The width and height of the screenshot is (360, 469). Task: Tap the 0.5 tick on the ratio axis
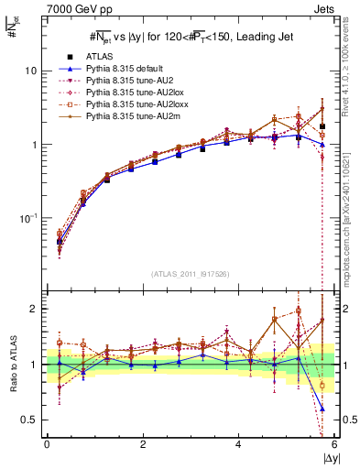click(x=29, y=420)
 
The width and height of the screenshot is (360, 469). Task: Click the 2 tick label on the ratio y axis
click(x=34, y=310)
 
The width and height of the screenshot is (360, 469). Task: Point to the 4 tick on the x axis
click(x=238, y=445)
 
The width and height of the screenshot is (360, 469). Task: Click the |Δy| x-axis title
click(x=324, y=457)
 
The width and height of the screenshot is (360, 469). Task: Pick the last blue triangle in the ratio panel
click(x=322, y=408)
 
